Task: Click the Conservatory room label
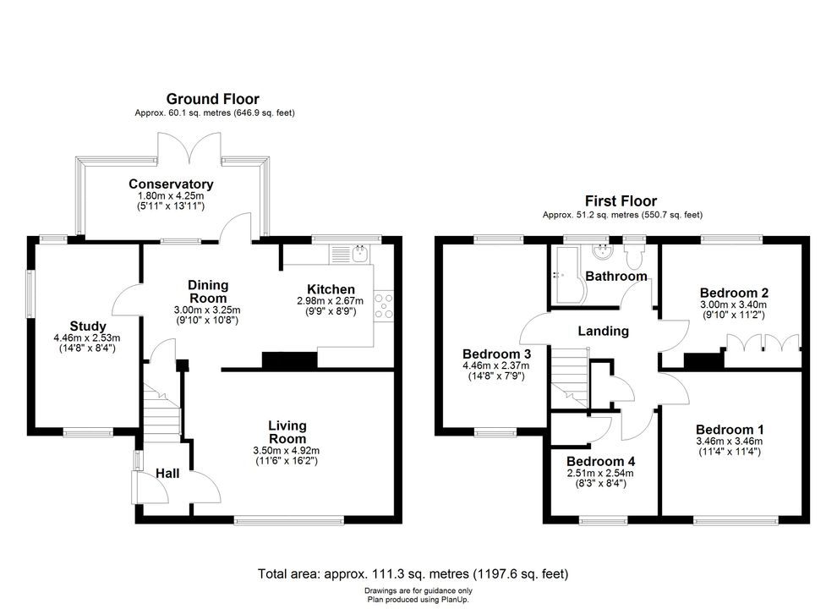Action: [171, 184]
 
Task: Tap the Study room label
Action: [88, 326]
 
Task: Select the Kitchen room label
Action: [331, 290]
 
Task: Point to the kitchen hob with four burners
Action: [384, 306]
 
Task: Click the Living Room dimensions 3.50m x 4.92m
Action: [287, 450]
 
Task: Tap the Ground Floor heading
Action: [212, 99]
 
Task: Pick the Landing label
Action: [604, 331]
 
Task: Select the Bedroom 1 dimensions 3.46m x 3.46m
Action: [729, 441]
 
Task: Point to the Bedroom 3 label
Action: [496, 354]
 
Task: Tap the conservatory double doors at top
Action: [189, 150]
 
